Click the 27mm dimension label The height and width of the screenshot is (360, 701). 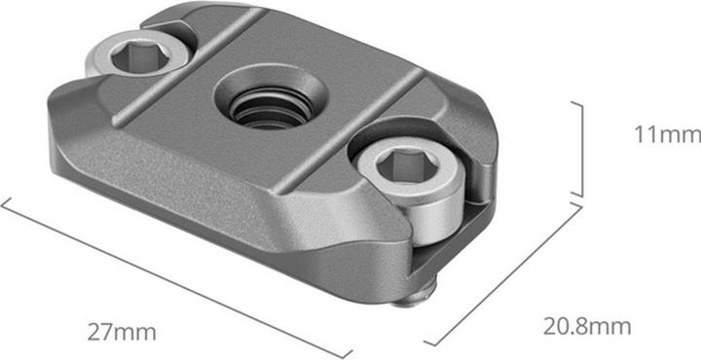pyautogui.click(x=122, y=333)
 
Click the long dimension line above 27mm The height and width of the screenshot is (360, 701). pyautogui.click(x=175, y=278)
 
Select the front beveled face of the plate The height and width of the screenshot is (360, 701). pyautogui.click(x=175, y=175)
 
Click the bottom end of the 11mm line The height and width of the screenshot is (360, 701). pyautogui.click(x=582, y=197)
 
